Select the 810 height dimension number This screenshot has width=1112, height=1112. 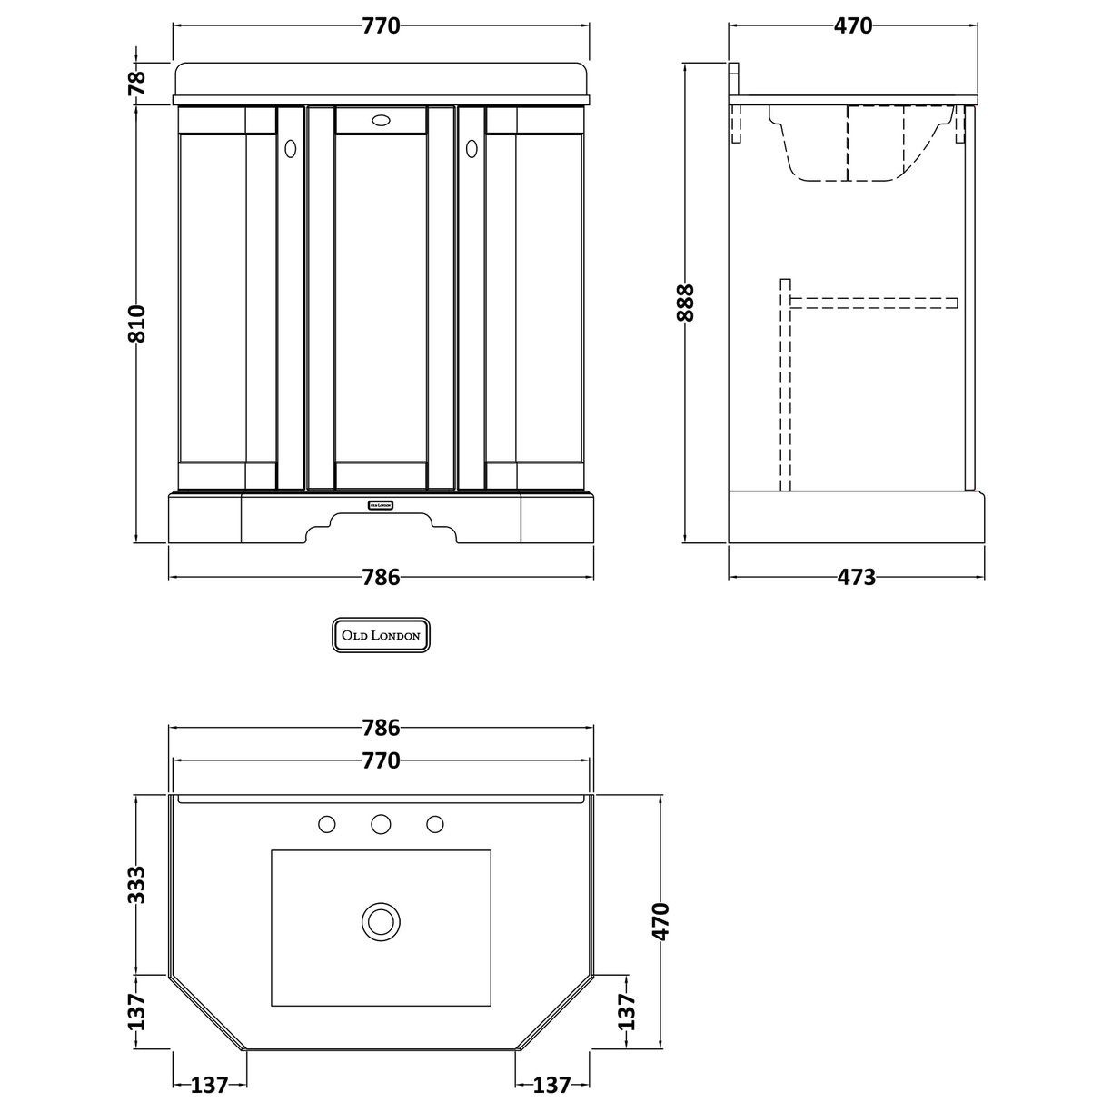[136, 323]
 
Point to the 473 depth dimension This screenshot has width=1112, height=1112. [855, 577]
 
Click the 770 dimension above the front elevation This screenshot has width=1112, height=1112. [381, 26]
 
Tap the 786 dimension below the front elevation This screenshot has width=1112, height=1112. [381, 577]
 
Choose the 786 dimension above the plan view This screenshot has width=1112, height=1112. [381, 728]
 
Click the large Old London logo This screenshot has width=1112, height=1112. [381, 636]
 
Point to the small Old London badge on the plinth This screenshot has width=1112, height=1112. [381, 504]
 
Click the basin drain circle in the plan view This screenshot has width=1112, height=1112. [381, 921]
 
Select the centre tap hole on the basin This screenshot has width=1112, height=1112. [381, 824]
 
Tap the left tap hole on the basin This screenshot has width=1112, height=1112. [327, 824]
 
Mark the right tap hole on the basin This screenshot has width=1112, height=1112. [434, 824]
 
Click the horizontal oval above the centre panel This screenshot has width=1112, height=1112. [381, 119]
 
